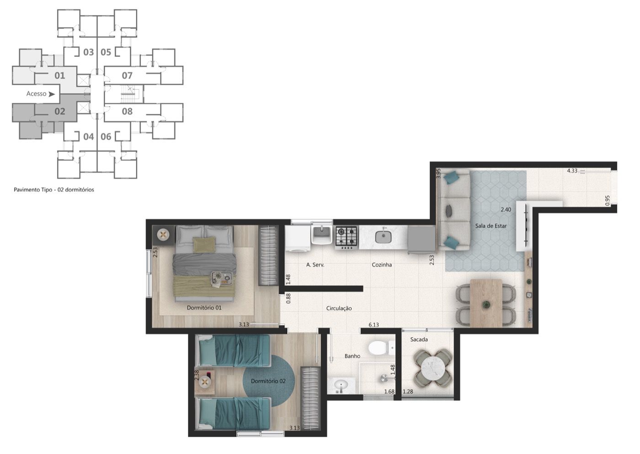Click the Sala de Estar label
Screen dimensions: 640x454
click(491, 226)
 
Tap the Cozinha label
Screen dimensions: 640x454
click(382, 265)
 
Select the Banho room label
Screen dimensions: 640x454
click(352, 356)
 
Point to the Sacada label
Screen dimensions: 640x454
click(419, 339)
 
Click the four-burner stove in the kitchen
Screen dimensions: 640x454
click(347, 238)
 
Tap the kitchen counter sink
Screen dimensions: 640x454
click(383, 237)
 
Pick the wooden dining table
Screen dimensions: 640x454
click(486, 303)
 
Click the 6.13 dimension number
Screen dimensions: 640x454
click(373, 324)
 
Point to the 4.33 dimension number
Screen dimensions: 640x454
click(572, 171)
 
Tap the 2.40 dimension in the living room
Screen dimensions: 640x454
click(506, 210)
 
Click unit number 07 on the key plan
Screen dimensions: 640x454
click(127, 76)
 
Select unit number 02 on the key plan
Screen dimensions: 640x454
click(60, 111)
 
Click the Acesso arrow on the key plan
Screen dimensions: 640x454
click(51, 94)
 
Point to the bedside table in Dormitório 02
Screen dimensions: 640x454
click(205, 382)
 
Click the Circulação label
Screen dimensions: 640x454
click(339, 308)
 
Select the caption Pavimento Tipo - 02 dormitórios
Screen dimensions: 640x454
click(54, 189)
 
